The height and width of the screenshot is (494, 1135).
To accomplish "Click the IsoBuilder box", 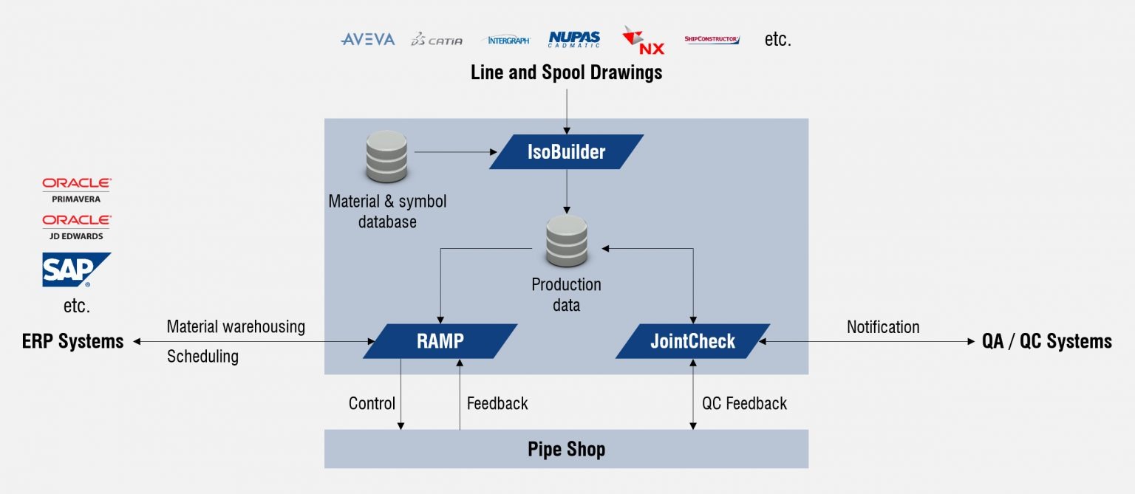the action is click(567, 152).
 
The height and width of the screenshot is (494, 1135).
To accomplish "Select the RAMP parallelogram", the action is click(440, 341).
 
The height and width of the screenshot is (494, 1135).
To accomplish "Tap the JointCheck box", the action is click(692, 341).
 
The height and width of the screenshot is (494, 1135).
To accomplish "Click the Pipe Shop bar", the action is click(567, 449).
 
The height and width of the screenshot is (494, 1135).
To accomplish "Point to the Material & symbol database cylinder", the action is click(386, 157).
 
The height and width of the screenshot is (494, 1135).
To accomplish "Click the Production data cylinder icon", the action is click(567, 241).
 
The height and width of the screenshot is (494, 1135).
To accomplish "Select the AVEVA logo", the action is click(368, 39).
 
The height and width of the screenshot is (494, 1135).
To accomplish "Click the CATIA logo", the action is click(436, 39).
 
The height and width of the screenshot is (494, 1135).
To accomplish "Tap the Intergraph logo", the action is click(507, 40).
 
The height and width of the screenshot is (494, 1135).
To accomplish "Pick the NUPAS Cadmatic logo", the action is click(574, 39).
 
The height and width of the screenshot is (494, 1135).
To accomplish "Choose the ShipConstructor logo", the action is click(712, 39).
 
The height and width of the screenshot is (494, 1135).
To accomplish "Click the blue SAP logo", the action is click(77, 270).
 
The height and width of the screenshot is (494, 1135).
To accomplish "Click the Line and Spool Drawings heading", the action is click(567, 72).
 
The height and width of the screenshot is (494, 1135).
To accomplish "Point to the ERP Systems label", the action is click(73, 342).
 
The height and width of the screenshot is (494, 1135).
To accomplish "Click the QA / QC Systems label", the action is click(1047, 342).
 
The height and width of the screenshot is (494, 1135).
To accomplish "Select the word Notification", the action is click(883, 327).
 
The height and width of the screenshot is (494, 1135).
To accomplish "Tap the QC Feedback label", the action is click(744, 403).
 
